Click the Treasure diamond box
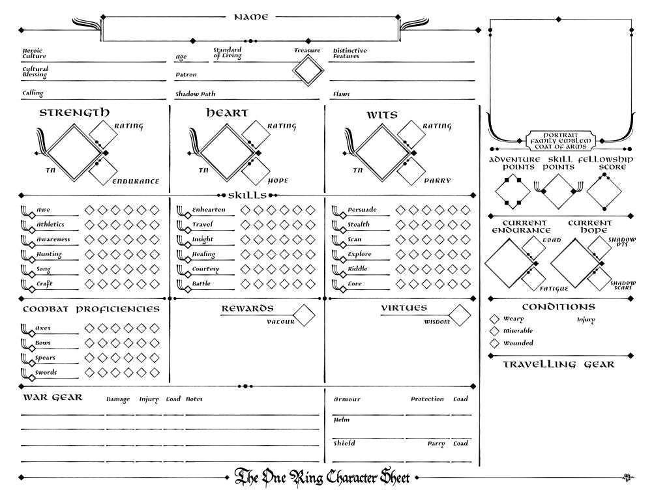click(308, 70)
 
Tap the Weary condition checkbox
click(494, 319)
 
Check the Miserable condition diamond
click(494, 331)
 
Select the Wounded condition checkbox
click(494, 343)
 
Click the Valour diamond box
click(304, 315)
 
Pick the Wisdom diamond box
click(460, 315)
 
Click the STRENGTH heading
click(74, 113)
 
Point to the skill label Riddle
click(357, 269)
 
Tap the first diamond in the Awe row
click(89, 210)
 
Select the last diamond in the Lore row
click(466, 284)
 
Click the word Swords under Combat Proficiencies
click(46, 373)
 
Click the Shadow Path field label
click(195, 94)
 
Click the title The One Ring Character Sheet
click(322, 478)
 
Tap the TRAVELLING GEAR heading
click(558, 364)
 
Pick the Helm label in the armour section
click(342, 420)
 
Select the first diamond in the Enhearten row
click(245, 210)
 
